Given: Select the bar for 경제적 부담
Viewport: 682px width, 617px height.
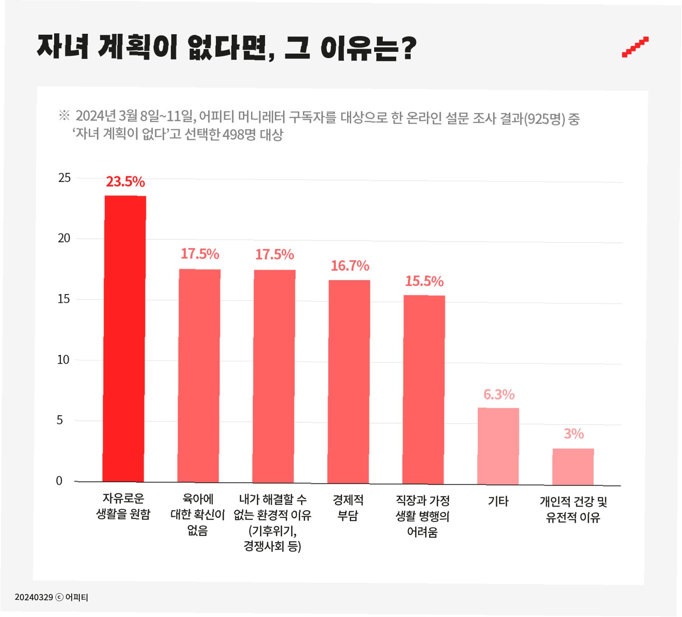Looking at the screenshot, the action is [x=348, y=382].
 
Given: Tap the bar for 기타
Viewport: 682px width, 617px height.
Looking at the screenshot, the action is [x=498, y=446].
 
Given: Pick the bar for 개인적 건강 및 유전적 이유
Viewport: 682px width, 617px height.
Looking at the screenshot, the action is [x=573, y=467].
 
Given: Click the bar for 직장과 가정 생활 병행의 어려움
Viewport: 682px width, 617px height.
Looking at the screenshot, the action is [x=424, y=390].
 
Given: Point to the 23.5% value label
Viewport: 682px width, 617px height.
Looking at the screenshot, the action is [x=125, y=182].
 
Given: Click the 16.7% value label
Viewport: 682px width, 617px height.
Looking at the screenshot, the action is [x=350, y=266].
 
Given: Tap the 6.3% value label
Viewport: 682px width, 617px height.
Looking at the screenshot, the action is [x=499, y=395].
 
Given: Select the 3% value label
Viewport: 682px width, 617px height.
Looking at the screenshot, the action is [x=574, y=433].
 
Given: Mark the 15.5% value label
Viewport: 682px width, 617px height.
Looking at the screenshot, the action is [x=424, y=281].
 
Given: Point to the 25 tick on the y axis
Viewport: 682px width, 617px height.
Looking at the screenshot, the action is [x=64, y=178].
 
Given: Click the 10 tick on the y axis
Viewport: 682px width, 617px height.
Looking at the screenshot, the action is [x=63, y=359].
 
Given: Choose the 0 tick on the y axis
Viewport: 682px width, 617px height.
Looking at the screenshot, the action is [x=59, y=480].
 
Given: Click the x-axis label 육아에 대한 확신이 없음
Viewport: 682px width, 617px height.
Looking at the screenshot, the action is [x=198, y=515].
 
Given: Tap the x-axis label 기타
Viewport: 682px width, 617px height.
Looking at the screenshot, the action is [x=498, y=501].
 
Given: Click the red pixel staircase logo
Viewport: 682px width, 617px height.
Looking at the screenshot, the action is [x=635, y=47].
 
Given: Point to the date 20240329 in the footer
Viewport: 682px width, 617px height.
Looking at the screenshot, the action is [x=34, y=597].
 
